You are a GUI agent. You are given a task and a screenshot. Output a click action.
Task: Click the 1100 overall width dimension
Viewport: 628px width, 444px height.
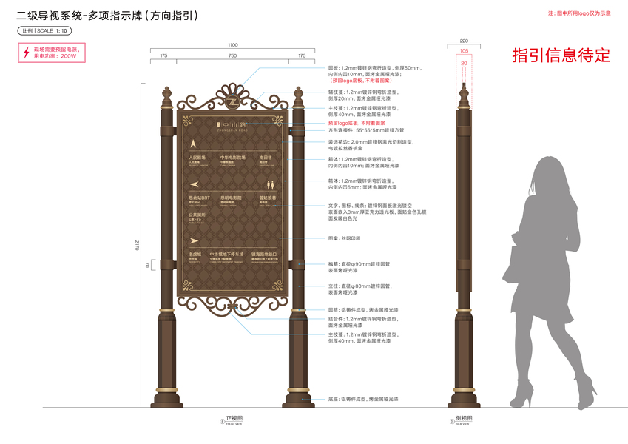tap(232, 46)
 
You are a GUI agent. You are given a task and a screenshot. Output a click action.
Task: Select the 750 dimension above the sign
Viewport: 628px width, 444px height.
tap(232, 55)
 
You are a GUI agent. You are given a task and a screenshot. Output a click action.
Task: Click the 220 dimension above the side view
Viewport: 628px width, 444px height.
tap(464, 41)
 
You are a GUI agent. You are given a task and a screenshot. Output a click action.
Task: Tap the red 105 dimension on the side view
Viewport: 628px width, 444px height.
tap(464, 50)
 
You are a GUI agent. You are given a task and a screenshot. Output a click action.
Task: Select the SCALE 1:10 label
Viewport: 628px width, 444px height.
tap(44, 30)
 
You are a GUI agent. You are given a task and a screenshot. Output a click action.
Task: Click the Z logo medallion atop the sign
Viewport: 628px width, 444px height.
tap(232, 101)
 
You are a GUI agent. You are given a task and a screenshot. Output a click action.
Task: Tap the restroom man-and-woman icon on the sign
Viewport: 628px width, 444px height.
tap(270, 184)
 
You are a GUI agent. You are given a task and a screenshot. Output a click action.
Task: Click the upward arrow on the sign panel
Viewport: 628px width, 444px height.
tap(194, 143)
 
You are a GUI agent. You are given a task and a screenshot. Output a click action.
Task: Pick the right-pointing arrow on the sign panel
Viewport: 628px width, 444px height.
tap(195, 240)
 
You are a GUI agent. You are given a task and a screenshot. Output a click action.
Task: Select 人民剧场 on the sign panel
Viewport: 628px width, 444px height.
tap(196, 158)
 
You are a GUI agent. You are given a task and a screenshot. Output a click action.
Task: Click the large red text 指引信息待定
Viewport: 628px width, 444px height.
tap(561, 55)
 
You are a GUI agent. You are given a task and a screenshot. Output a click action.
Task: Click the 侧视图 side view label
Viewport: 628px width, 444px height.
tap(464, 419)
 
